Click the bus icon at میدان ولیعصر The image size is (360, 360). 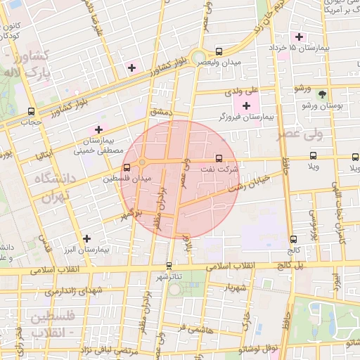point(219,51)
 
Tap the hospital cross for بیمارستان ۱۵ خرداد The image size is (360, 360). point(299,37)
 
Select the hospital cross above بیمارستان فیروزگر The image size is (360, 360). point(245,105)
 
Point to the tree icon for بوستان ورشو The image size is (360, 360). point(322,94)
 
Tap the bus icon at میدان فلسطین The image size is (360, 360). point(127,168)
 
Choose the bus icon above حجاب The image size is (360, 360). point(31,111)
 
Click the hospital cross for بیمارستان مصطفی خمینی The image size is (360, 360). point(98,129)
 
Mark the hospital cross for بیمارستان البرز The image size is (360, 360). point(86,239)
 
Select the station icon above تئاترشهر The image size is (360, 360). point(168,266)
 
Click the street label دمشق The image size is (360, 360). point(160,112)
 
